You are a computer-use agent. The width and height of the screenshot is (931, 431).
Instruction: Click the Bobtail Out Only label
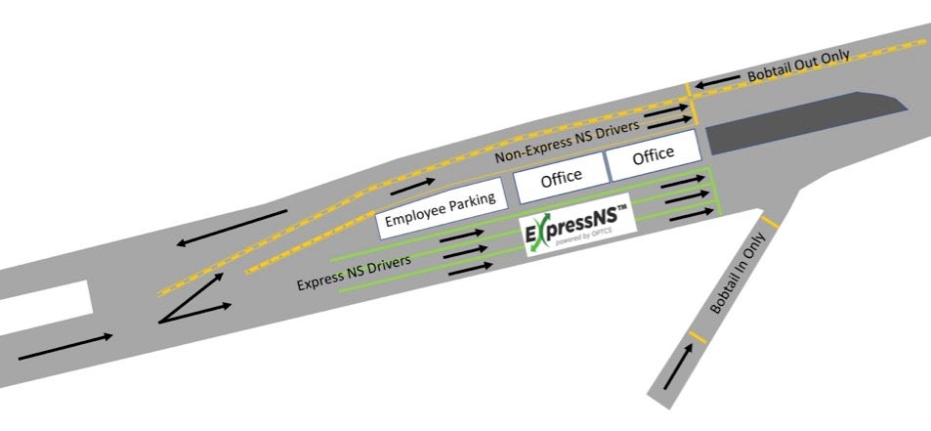click(x=798, y=65)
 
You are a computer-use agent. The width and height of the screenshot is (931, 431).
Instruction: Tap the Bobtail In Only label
click(x=738, y=273)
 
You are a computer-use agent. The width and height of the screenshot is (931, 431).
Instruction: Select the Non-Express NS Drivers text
click(x=567, y=142)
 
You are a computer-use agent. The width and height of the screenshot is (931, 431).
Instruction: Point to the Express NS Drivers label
click(x=354, y=273)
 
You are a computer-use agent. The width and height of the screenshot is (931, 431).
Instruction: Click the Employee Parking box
click(x=442, y=209)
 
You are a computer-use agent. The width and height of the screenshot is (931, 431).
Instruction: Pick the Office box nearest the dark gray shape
click(x=654, y=155)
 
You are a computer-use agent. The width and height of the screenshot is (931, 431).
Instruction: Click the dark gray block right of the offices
click(x=806, y=122)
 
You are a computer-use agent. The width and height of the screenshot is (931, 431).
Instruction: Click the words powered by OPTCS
click(x=577, y=239)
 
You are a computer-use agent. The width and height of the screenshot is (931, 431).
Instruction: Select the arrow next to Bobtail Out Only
click(x=717, y=82)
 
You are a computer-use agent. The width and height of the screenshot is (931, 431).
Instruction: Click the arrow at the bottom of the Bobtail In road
click(x=677, y=367)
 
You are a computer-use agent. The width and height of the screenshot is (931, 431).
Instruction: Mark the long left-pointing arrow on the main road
click(x=232, y=228)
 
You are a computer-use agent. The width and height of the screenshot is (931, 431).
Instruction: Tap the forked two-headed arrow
click(x=194, y=299)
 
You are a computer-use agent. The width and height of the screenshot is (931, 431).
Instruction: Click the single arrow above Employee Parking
click(x=412, y=186)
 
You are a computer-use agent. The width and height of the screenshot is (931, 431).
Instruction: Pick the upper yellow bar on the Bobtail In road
click(x=770, y=223)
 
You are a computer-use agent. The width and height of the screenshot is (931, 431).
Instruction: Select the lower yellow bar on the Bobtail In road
click(x=698, y=337)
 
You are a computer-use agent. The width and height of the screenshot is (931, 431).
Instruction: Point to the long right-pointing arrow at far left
click(x=65, y=347)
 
